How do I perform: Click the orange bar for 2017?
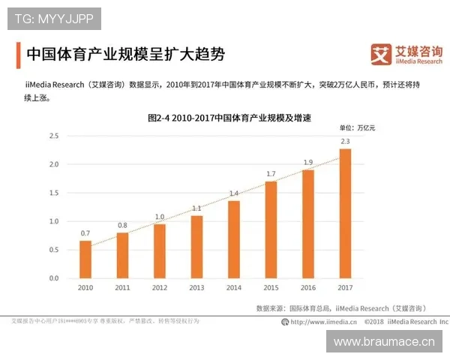click(x=345, y=214)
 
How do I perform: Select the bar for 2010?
click(x=85, y=259)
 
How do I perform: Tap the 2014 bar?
click(x=234, y=239)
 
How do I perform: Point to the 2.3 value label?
click(x=345, y=141)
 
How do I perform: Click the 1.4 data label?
click(x=234, y=193)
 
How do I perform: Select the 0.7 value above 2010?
click(x=85, y=233)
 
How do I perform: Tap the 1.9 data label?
click(x=308, y=162)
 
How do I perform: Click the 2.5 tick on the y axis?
click(x=53, y=136)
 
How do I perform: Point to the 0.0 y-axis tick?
click(x=53, y=278)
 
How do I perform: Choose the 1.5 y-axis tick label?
click(x=53, y=193)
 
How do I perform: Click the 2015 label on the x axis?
click(x=271, y=288)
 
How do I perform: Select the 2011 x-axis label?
click(x=122, y=288)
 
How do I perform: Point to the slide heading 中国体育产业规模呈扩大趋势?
click(x=125, y=55)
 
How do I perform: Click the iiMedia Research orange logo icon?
click(x=381, y=55)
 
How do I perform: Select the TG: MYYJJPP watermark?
click(x=54, y=16)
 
